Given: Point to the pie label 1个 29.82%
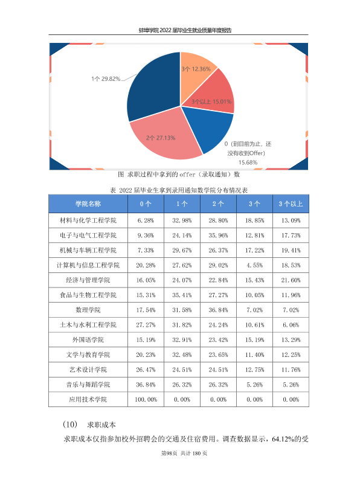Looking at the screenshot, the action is (x=106, y=79).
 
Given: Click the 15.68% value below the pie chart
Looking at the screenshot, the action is (x=248, y=162).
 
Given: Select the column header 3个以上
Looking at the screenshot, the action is (x=291, y=204).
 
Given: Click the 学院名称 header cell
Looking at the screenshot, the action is (x=88, y=204).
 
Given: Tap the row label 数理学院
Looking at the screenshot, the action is (x=88, y=310).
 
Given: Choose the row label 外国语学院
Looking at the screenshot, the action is (x=88, y=340).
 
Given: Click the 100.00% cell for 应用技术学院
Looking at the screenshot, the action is (x=146, y=400).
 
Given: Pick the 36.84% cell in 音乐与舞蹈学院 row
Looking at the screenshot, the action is (x=146, y=385).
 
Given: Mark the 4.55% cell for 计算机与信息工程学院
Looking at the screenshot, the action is (x=254, y=265).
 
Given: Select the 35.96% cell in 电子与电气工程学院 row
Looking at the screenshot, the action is (x=218, y=236).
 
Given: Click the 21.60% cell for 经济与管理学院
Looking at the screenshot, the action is (x=291, y=280).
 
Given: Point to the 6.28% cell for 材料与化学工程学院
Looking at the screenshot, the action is (x=146, y=220).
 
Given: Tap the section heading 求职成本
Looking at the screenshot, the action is (x=101, y=425).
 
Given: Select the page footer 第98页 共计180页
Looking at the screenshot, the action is (x=184, y=453).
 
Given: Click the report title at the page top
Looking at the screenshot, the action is (x=185, y=30).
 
